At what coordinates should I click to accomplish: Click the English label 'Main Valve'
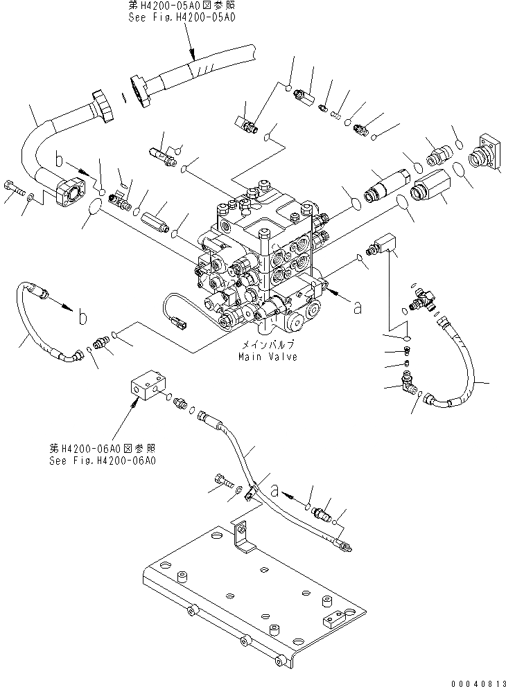click(x=267, y=357)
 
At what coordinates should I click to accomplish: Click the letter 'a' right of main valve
click(x=358, y=307)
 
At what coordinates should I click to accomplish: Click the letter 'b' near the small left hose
click(x=82, y=317)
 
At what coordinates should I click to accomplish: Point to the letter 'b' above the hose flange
click(x=62, y=163)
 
